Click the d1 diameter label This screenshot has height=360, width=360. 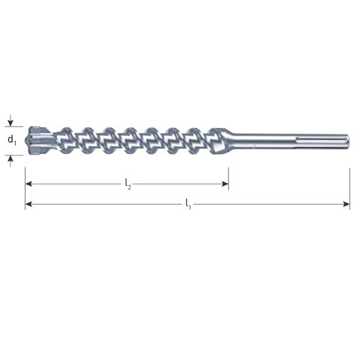click(12, 140)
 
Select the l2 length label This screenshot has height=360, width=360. click(128, 184)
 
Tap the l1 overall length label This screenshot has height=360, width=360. click(188, 204)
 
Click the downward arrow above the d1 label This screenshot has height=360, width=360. click(10, 121)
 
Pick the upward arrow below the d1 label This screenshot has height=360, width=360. click(10, 161)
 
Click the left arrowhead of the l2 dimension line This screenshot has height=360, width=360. click(28, 184)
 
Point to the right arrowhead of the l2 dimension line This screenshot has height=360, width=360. click(225, 184)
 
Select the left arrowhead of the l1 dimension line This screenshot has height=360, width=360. click(28, 204)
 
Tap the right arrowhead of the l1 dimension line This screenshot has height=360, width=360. click(346, 204)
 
